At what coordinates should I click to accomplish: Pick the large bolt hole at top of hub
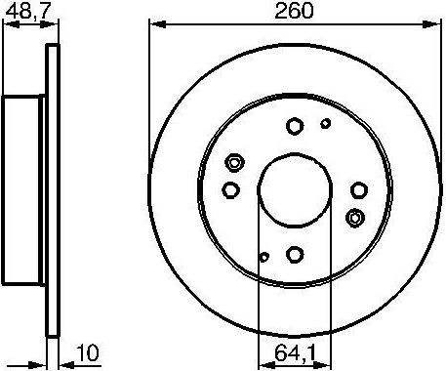pos(294,125)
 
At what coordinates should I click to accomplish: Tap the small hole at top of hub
pos(326,123)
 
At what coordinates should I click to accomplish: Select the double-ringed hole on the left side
pos(233,163)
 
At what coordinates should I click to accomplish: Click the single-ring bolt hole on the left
pos(230,189)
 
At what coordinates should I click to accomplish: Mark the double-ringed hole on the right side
pos(355,217)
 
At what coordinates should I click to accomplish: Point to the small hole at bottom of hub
pos(264,258)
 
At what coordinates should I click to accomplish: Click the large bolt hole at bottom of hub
pos(294,255)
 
